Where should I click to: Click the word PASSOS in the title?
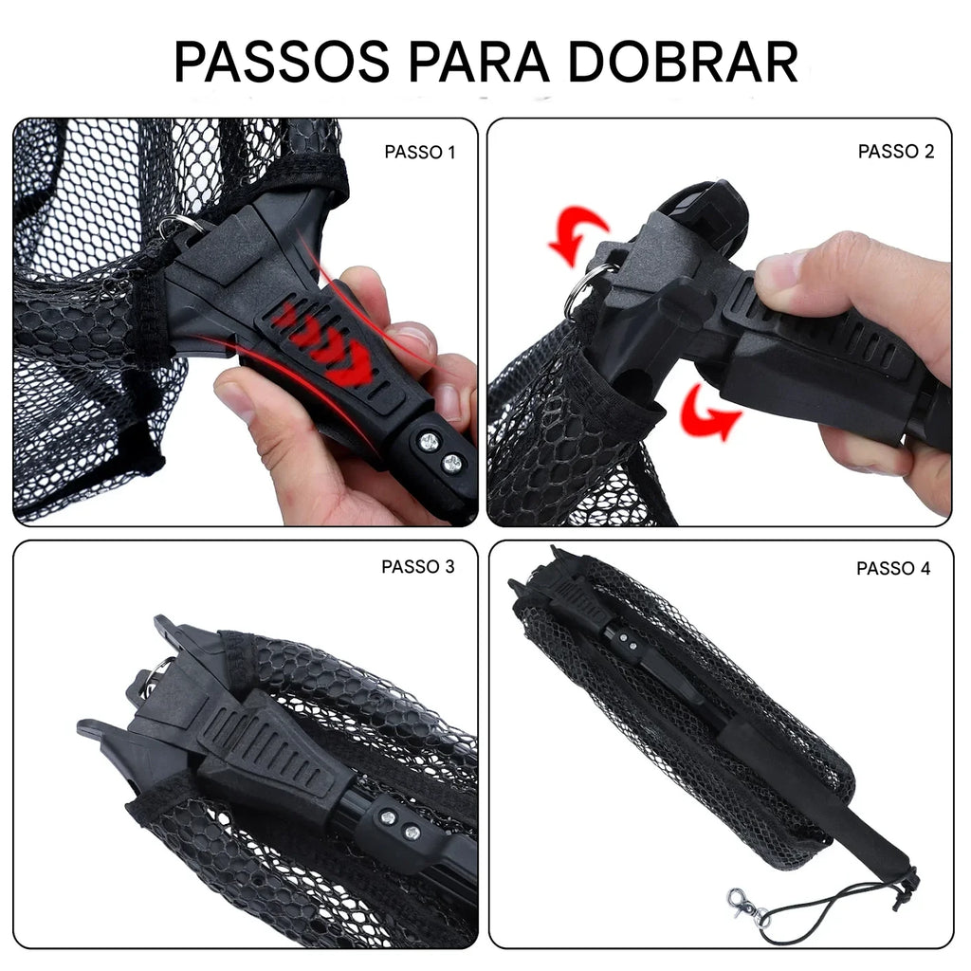coord(282,62)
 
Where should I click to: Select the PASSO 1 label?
coord(419,152)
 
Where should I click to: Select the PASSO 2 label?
coord(896,152)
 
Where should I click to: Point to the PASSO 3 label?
coord(418,567)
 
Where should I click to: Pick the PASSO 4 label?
coord(893,569)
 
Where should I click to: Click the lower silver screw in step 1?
coord(452,463)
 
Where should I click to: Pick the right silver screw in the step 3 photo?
coord(412,833)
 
